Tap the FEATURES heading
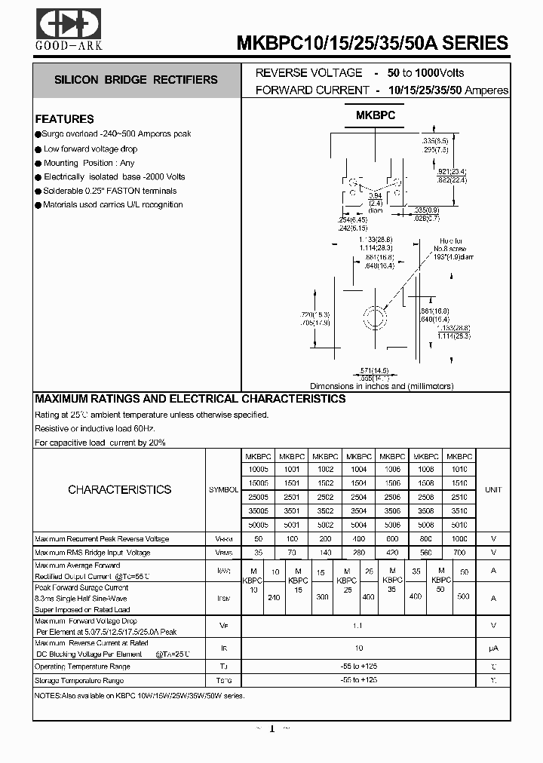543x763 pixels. [65, 119]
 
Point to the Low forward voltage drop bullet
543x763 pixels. [90, 149]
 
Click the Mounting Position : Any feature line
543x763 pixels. [88, 163]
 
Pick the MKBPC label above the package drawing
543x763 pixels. [376, 115]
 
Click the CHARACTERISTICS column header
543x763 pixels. [119, 489]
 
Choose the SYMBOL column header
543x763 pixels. [223, 490]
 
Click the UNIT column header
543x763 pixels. [493, 490]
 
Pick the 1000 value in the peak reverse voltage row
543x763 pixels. [459, 539]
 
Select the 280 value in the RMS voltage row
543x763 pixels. [359, 553]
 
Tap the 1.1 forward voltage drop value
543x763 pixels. [359, 625]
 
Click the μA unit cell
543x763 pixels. [493, 648]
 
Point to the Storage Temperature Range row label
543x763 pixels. [79, 681]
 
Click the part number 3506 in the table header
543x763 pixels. [392, 510]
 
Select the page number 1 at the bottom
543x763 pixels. [272, 729]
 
